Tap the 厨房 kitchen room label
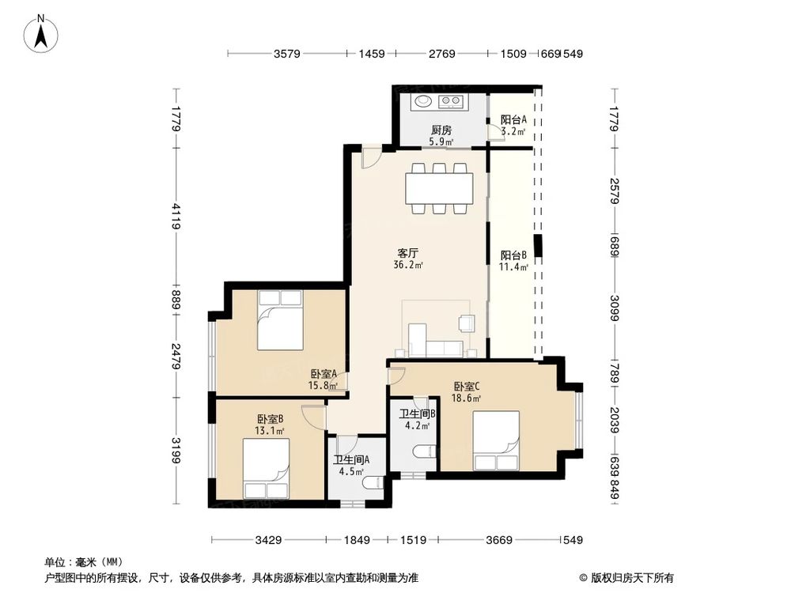[441, 130]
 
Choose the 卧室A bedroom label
[324, 375]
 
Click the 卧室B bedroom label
[270, 420]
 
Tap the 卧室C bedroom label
[466, 387]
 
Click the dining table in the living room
[439, 189]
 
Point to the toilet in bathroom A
[369, 483]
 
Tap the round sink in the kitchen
[425, 101]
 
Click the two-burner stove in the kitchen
[452, 101]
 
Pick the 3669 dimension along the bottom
[500, 541]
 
